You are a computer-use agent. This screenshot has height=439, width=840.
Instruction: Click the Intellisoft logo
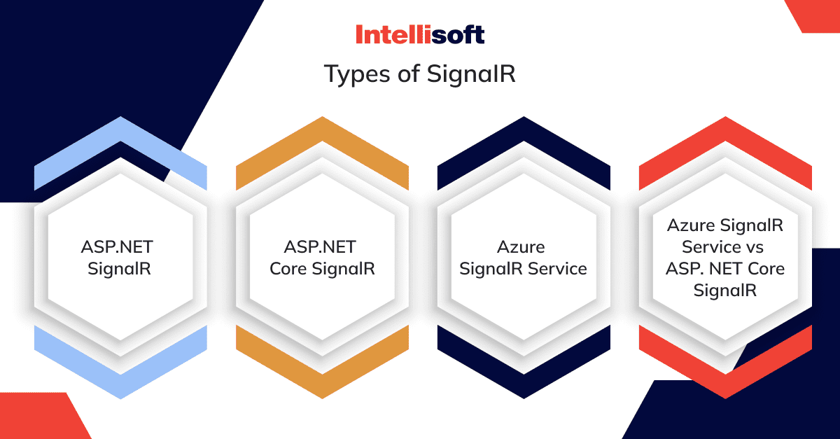click(419, 34)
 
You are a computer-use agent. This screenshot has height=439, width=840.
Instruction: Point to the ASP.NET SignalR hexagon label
click(120, 258)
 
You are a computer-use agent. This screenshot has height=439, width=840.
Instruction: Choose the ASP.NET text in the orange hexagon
click(320, 247)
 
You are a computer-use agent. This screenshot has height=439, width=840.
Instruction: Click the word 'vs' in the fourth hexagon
click(755, 247)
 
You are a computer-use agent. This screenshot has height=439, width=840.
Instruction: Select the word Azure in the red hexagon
click(696, 226)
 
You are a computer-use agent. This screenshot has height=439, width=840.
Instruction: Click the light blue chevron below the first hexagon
click(120, 371)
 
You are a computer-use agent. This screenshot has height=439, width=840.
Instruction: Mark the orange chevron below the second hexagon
click(322, 371)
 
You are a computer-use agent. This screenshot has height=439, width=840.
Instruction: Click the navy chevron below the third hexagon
click(524, 371)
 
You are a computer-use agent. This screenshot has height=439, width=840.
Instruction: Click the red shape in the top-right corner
click(815, 14)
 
